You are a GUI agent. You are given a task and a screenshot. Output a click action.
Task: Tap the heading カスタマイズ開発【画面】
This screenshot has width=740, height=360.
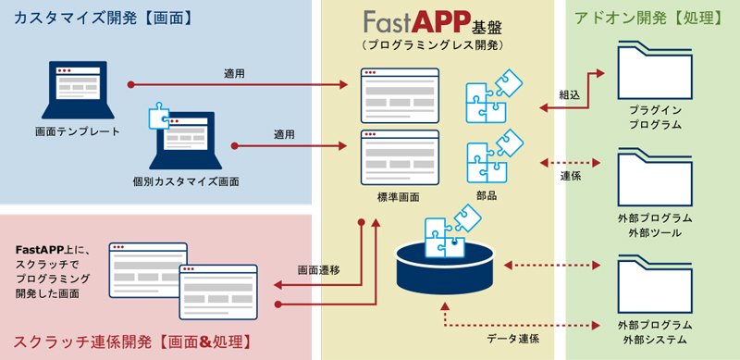(x=104, y=19)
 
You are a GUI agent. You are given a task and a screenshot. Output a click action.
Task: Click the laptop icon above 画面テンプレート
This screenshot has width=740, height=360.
(x=78, y=91)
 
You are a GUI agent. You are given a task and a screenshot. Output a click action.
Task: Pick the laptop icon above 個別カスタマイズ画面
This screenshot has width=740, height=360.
(x=186, y=141)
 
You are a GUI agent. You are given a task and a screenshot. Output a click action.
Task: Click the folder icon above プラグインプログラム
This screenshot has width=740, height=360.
(x=655, y=70)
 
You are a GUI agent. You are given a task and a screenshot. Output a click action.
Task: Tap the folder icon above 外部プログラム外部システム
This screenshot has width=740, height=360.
(x=655, y=284)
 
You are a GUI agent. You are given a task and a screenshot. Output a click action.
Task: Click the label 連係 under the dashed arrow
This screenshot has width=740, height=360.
(x=571, y=176)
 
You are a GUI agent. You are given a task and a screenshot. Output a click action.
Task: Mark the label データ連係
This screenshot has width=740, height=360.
(x=513, y=339)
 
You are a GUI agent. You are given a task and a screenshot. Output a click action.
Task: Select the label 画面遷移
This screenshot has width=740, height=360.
(x=318, y=270)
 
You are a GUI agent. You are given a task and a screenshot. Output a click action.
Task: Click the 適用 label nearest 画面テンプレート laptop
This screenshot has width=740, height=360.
(x=234, y=74)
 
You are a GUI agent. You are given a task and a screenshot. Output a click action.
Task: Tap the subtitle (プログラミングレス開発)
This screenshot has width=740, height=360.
(x=433, y=46)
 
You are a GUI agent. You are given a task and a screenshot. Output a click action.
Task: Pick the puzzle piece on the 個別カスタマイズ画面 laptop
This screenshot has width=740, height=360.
(x=158, y=116)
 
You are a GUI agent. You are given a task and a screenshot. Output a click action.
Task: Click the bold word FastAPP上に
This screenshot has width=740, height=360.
(x=50, y=250)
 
